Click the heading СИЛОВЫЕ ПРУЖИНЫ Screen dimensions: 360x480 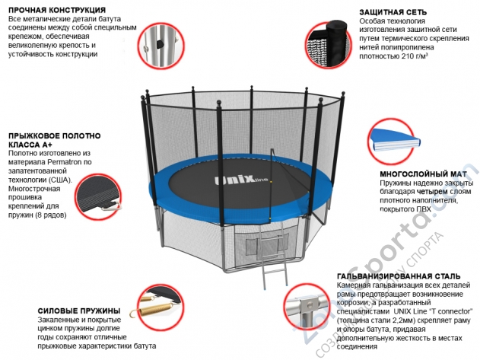click(79, 311)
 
